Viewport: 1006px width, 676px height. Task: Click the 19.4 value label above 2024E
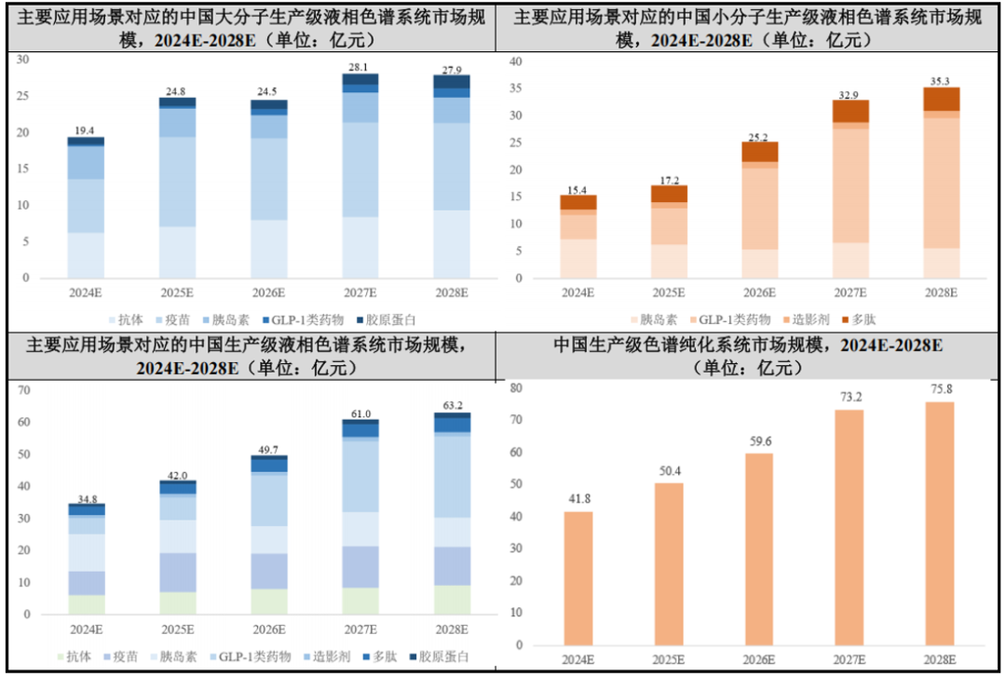pos(85,129)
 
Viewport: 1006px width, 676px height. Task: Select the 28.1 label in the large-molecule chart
pos(359,67)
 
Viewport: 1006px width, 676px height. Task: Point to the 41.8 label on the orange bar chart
pos(578,500)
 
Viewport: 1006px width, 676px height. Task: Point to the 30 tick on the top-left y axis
pos(24,60)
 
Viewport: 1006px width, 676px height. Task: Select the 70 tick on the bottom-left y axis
pos(24,390)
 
